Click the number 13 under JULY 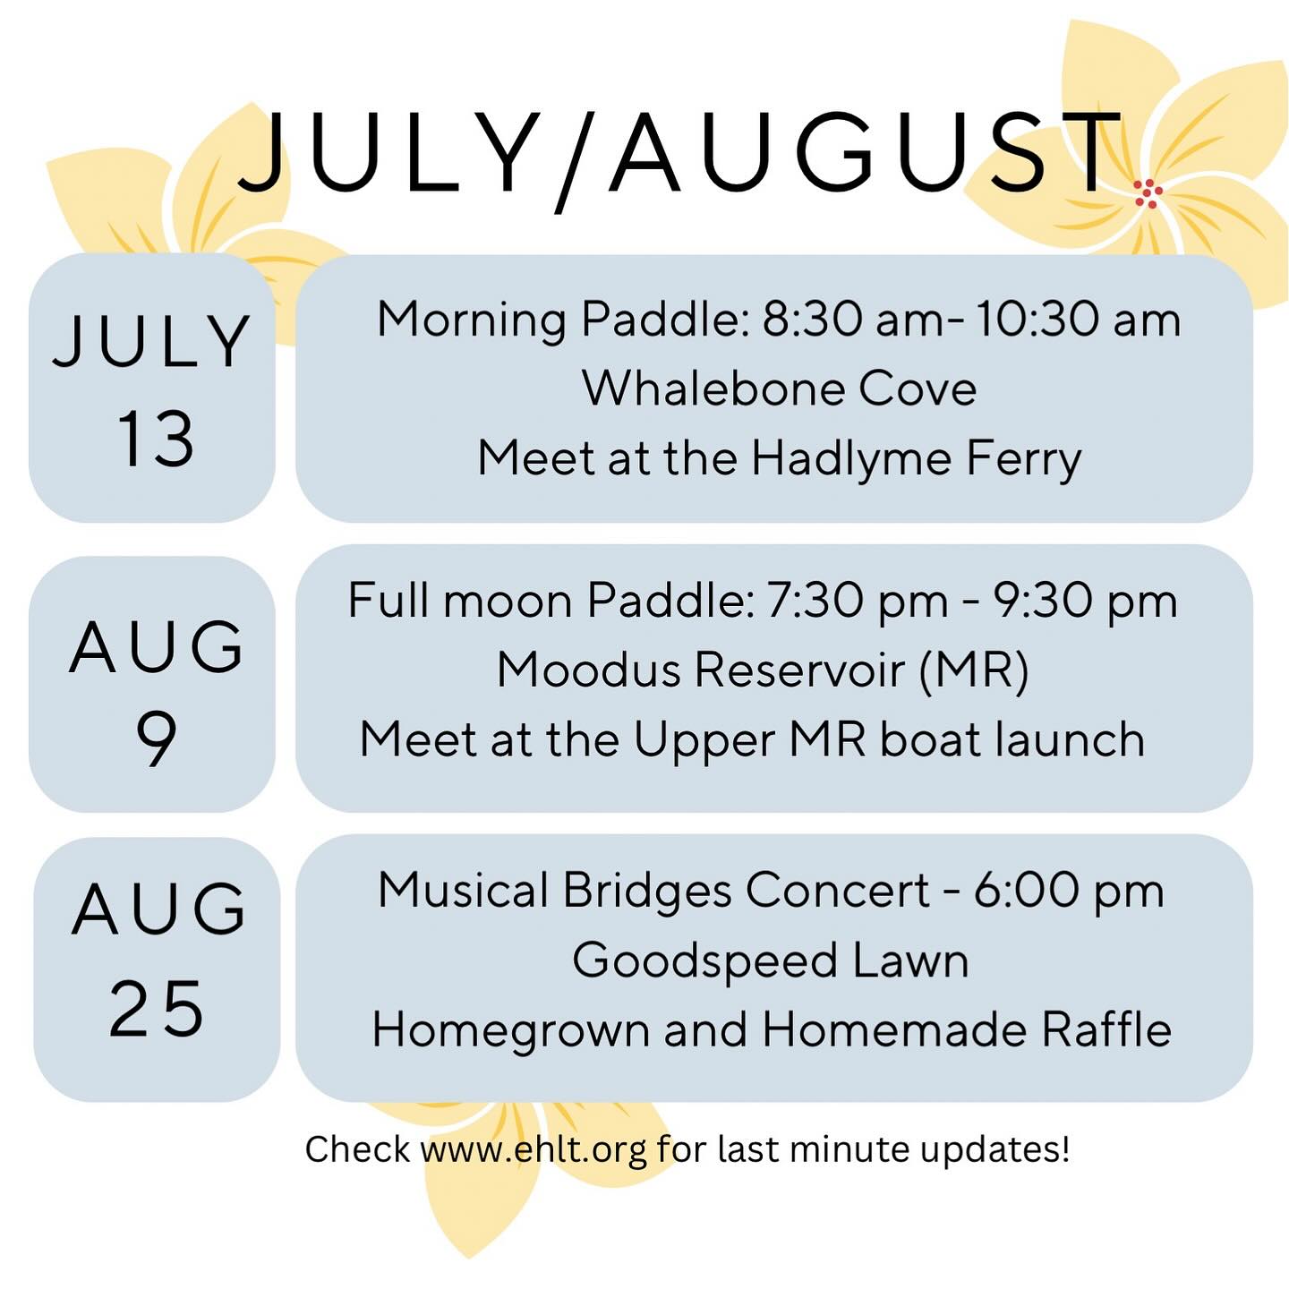tap(155, 439)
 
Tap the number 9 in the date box tap(156, 739)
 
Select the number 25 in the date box tap(157, 1009)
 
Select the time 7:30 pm tap(858, 601)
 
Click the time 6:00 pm tap(1069, 891)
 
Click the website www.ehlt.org tap(534, 1149)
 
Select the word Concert tap(838, 891)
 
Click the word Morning tap(471, 320)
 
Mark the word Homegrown tap(510, 1031)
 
